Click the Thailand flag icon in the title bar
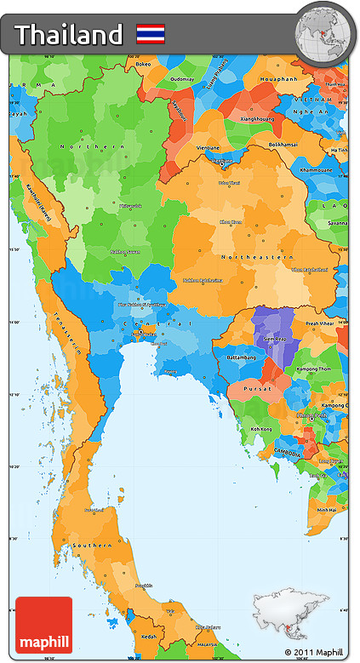point(151,34)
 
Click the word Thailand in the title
point(69,35)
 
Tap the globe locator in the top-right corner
point(322,33)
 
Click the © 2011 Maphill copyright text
point(316,653)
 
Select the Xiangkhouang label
point(256,119)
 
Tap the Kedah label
point(150,635)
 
